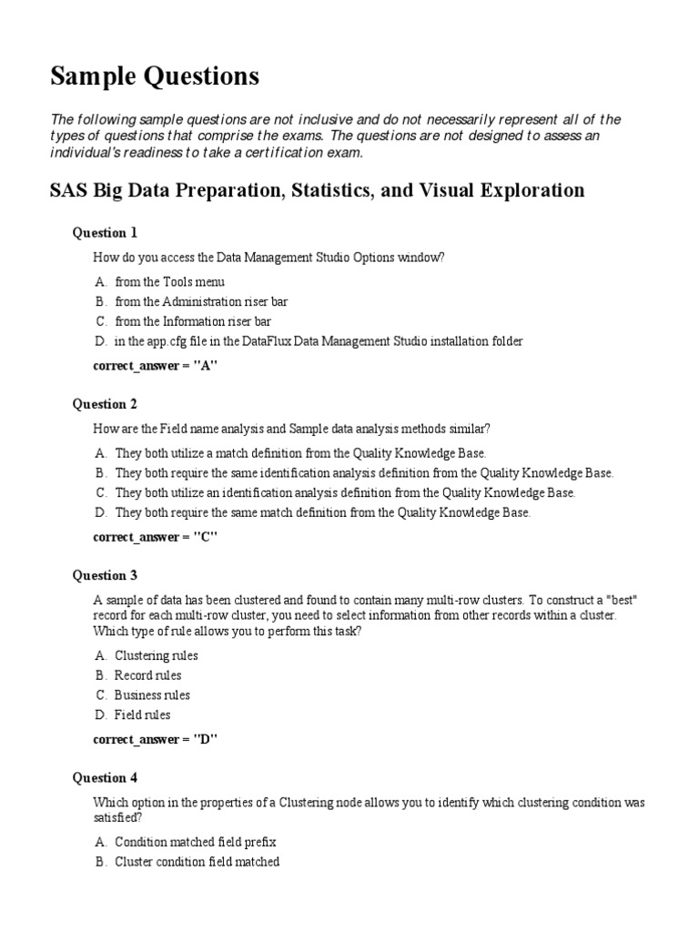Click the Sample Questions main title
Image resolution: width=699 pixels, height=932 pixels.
(154, 77)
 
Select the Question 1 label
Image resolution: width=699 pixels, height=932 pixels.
(105, 233)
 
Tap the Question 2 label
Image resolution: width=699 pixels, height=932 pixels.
(105, 404)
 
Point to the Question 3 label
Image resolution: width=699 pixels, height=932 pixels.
(105, 575)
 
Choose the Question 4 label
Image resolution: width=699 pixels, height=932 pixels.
(105, 777)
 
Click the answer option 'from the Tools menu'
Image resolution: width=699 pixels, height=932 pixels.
(169, 282)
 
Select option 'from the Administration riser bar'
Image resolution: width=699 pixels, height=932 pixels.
(201, 301)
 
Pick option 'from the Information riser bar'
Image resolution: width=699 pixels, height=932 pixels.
(193, 321)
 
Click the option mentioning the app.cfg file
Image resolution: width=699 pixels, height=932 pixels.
(319, 341)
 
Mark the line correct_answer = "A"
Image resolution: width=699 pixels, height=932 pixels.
(156, 366)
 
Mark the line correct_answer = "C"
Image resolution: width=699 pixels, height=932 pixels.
(156, 537)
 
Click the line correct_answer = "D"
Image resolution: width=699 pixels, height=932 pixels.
(156, 739)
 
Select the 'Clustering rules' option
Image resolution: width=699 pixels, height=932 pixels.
(156, 655)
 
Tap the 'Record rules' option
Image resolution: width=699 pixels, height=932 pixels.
(147, 675)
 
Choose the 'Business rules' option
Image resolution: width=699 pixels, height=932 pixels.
(152, 695)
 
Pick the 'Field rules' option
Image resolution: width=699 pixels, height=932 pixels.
(142, 715)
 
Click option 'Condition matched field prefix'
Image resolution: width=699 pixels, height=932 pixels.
(195, 842)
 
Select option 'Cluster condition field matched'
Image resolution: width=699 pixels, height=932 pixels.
(197, 862)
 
